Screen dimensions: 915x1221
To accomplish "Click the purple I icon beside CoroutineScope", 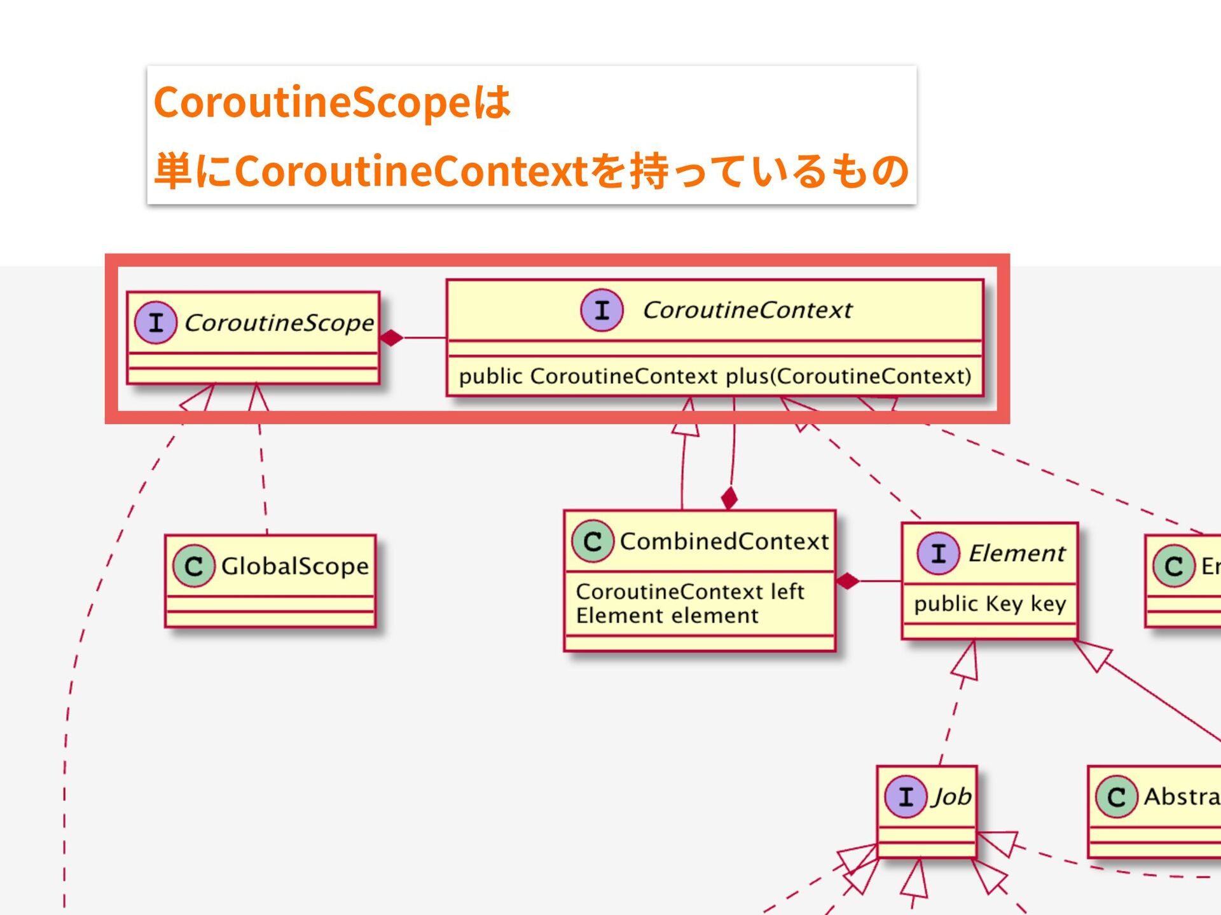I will tap(156, 323).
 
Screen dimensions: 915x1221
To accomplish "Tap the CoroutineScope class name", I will tap(279, 323).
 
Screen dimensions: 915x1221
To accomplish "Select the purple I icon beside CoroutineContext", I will tap(602, 310).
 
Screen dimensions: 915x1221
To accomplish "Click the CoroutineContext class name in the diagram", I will tap(747, 310).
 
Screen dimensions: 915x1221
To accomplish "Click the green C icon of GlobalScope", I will tap(194, 566).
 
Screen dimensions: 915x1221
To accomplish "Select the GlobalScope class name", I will tap(294, 566).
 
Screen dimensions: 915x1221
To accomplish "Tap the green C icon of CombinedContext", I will tap(593, 541).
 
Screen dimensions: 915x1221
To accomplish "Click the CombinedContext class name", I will tap(724, 541).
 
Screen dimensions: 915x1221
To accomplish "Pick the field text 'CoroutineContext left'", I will tap(690, 592).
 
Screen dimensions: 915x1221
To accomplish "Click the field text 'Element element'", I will tap(667, 616).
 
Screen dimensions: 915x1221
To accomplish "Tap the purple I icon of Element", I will tap(938, 553).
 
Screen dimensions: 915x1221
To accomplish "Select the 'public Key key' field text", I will tap(990, 604).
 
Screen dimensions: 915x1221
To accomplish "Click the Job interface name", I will tap(952, 796).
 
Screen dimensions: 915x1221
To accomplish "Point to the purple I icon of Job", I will tap(906, 796).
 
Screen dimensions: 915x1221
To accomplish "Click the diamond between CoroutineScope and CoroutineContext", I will tap(392, 337).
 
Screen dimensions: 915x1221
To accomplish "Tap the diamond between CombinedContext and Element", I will tap(848, 581).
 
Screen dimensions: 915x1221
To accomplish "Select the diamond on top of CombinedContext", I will tap(729, 498).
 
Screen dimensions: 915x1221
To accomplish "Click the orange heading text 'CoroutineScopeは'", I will tap(332, 102).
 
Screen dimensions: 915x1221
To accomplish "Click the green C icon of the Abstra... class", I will tap(1116, 797).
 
